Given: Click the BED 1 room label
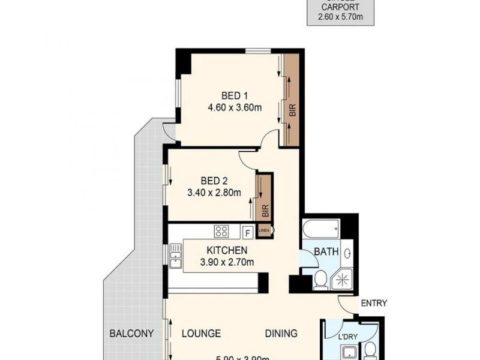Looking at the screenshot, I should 235,95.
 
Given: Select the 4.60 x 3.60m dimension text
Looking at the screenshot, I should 235,108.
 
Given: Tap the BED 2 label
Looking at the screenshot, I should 214,181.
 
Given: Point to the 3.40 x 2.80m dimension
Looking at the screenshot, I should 214,193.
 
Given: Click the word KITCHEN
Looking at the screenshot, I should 227,250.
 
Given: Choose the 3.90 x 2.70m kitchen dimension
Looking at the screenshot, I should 227,262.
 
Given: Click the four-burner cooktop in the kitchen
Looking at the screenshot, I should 221,231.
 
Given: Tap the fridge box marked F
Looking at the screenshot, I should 247,232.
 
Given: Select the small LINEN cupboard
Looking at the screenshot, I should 264,230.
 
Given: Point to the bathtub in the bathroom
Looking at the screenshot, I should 321,229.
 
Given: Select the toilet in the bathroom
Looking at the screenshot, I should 320,280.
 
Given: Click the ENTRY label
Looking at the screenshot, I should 374,303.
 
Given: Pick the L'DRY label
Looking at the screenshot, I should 347,337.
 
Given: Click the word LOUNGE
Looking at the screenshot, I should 201,334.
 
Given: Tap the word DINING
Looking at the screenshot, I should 282,334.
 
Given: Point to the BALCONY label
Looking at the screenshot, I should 131,334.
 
